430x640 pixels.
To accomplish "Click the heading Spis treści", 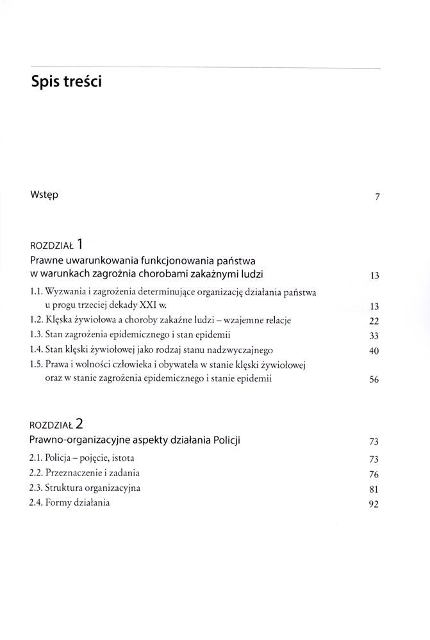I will click(66, 83).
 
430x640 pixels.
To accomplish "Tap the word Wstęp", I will click(44, 194).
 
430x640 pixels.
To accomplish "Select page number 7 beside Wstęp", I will click(377, 197).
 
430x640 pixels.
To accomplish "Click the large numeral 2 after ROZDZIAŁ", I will click(79, 423).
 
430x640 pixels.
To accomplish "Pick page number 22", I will click(375, 321).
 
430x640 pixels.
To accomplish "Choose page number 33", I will click(375, 336).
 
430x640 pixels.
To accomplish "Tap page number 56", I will click(375, 380).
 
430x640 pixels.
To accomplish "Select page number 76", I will click(375, 475).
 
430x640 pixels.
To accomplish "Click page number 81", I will click(375, 490).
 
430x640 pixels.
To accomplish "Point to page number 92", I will click(375, 504).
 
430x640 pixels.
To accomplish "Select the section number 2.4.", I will click(36, 502).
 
